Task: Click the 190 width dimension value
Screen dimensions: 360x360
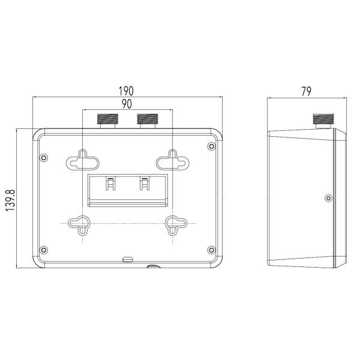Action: click(126, 91)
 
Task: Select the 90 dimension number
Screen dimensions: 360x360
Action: click(127, 104)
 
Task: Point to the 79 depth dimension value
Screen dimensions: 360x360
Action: click(306, 91)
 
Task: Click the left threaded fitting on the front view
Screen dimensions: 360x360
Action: click(107, 119)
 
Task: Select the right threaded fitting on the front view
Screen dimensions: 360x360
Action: click(147, 119)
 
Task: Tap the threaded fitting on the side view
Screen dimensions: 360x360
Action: click(323, 120)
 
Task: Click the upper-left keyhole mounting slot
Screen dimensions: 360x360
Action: click(82, 160)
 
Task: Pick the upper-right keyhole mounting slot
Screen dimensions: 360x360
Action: click(172, 160)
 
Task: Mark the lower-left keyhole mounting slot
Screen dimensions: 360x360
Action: click(82, 224)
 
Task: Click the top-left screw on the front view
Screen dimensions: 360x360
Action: click(43, 158)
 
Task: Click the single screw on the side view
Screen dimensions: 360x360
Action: click(327, 198)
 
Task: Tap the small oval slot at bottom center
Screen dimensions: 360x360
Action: click(127, 259)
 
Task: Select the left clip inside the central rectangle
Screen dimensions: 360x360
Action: click(110, 183)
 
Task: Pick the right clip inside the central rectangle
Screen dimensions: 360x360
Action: click(144, 183)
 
